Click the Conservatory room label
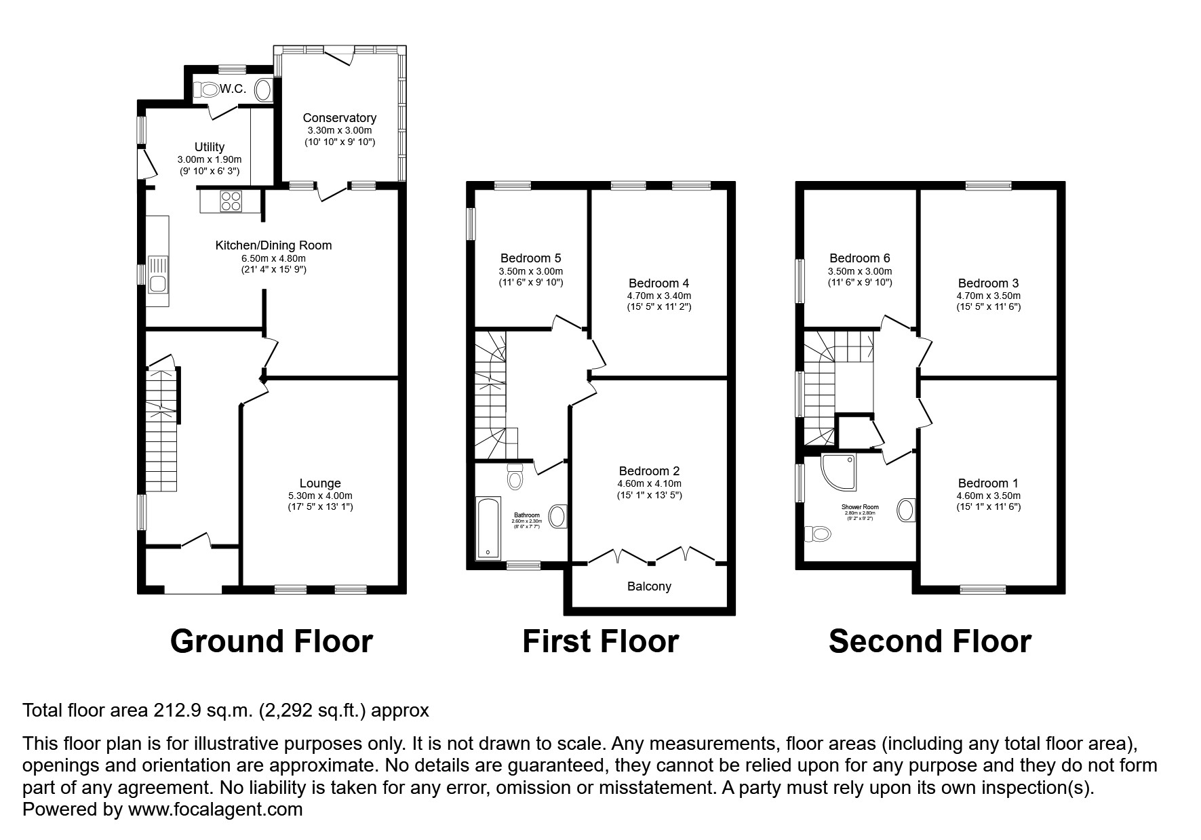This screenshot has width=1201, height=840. (339, 118)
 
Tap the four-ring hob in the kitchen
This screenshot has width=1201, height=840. (231, 201)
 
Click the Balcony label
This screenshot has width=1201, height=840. (649, 586)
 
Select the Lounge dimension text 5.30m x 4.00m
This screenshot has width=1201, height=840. (320, 496)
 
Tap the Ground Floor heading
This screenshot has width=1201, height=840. (271, 641)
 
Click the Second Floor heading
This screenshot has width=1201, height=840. (930, 641)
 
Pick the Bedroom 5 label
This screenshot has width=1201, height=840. (530, 258)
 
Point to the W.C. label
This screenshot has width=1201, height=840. (233, 89)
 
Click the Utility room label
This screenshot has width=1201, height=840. (209, 147)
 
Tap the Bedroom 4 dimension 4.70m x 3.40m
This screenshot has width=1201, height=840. (659, 296)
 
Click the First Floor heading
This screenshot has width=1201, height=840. (600, 641)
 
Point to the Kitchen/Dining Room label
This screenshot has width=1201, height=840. (273, 245)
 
